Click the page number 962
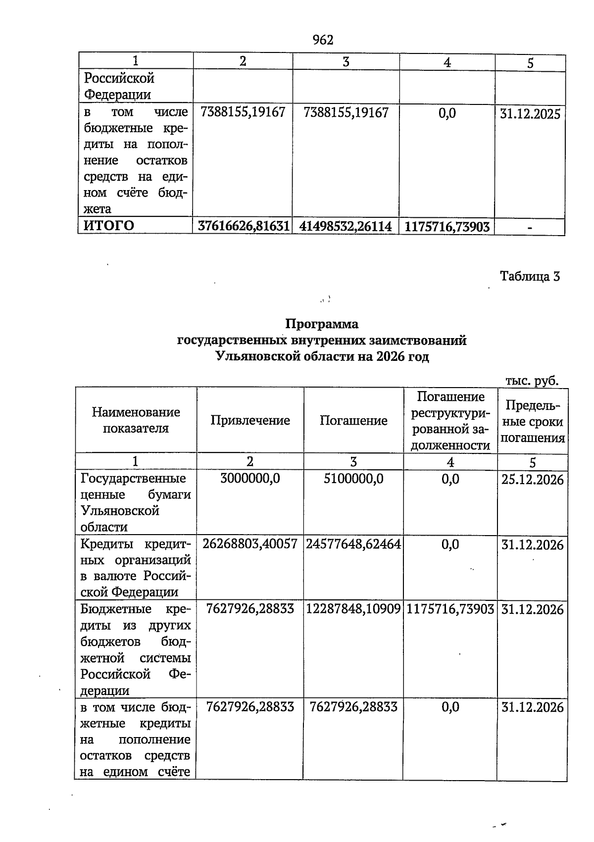point(323,40)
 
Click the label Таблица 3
point(530,276)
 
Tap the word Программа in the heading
point(322,324)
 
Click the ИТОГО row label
point(109,226)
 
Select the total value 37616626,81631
point(243,226)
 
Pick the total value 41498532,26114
point(346,227)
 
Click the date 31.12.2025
point(530,114)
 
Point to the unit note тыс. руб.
point(532,381)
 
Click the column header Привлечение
point(250,420)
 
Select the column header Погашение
point(353,420)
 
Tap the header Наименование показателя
point(136,420)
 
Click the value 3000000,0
point(250,479)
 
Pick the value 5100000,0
point(353,479)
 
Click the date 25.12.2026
point(532,480)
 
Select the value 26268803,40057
point(250,544)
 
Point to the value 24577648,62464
point(353,545)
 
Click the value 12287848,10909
point(353,609)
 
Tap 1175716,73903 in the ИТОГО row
point(447,227)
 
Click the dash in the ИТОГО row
point(530,228)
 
